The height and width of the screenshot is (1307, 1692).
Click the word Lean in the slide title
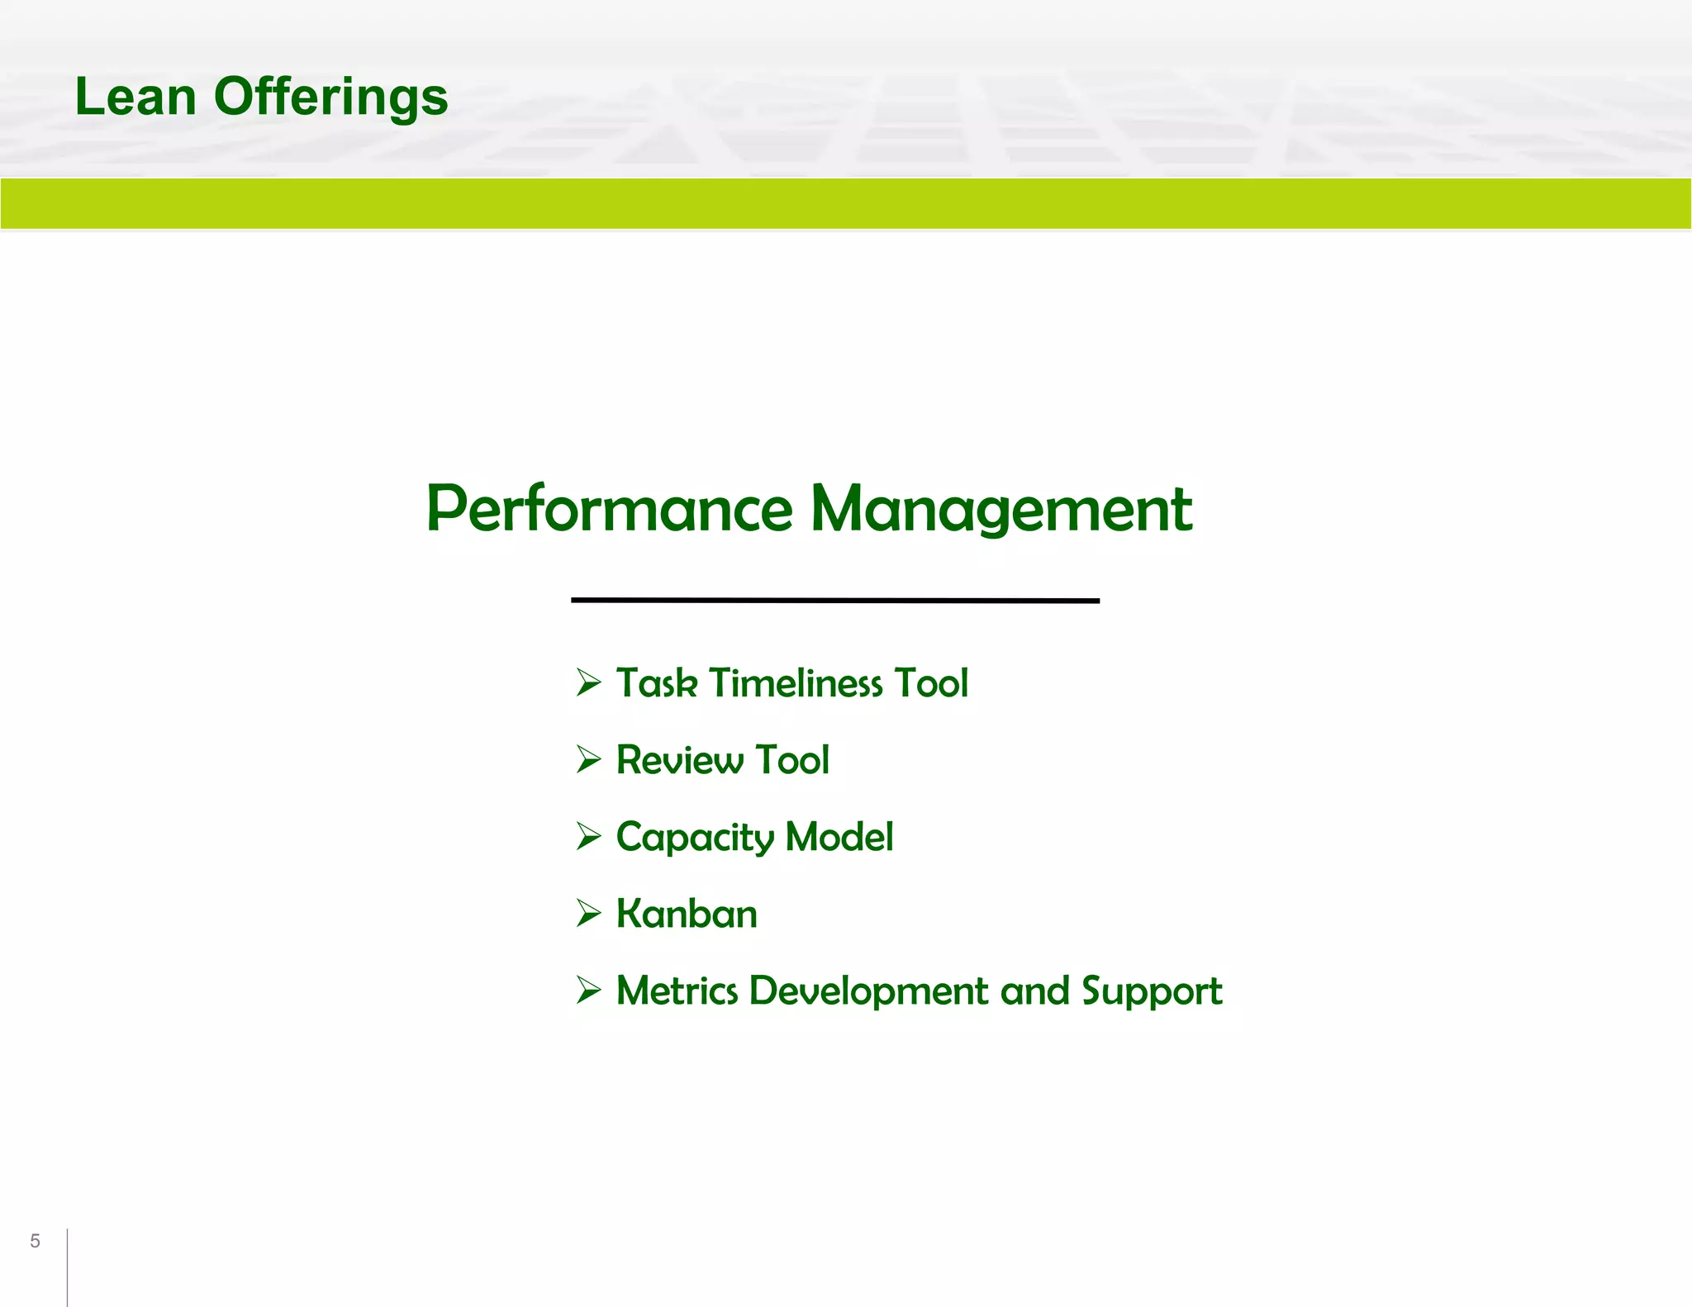coord(135,97)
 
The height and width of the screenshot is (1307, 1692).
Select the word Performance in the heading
coord(609,508)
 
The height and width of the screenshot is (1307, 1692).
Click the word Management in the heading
coord(1001,510)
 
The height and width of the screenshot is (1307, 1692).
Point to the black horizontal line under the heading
coord(834,601)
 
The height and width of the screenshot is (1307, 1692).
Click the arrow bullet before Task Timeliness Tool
coord(588,682)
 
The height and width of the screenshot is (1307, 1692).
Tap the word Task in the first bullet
coord(657,683)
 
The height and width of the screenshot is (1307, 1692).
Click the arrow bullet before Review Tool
coord(588,759)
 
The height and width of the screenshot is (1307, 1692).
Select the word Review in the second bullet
coord(679,760)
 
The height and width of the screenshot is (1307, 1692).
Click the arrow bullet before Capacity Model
coord(588,836)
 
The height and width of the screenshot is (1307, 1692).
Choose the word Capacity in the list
coord(694,838)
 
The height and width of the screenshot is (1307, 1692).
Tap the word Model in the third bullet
coord(839,836)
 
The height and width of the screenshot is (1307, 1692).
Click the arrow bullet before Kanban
coord(588,913)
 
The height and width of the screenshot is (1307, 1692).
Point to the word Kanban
coord(687,914)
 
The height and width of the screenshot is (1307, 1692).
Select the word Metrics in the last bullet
coord(677,991)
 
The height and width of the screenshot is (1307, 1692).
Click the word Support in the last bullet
coord(1152,991)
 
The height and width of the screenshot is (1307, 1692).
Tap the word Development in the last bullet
coord(868,991)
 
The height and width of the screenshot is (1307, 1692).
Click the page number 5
coord(35,1241)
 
